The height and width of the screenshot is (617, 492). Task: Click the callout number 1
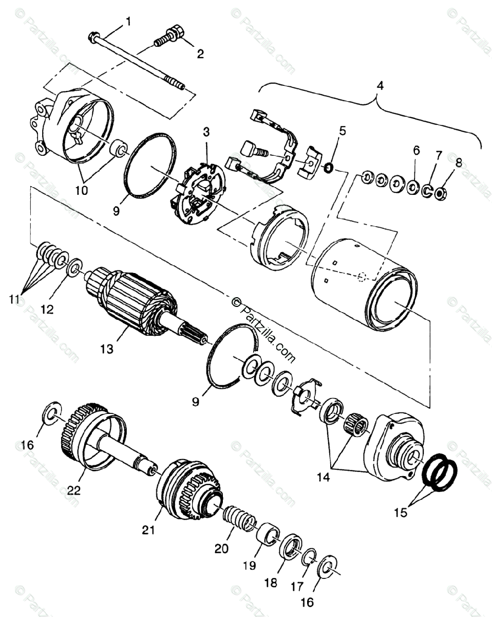(x=128, y=22)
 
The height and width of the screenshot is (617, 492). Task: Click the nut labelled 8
(x=440, y=194)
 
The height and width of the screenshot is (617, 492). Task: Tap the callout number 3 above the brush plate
(x=206, y=132)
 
